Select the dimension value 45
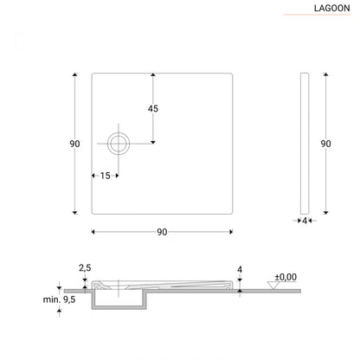click(153, 109)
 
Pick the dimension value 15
click(106, 176)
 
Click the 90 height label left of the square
click(63, 144)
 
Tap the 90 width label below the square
click(162, 232)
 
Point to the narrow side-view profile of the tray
click(304, 144)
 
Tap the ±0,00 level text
click(285, 277)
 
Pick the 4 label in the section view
click(239, 268)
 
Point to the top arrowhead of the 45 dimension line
click(153, 75)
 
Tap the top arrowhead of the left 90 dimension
click(75, 75)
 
